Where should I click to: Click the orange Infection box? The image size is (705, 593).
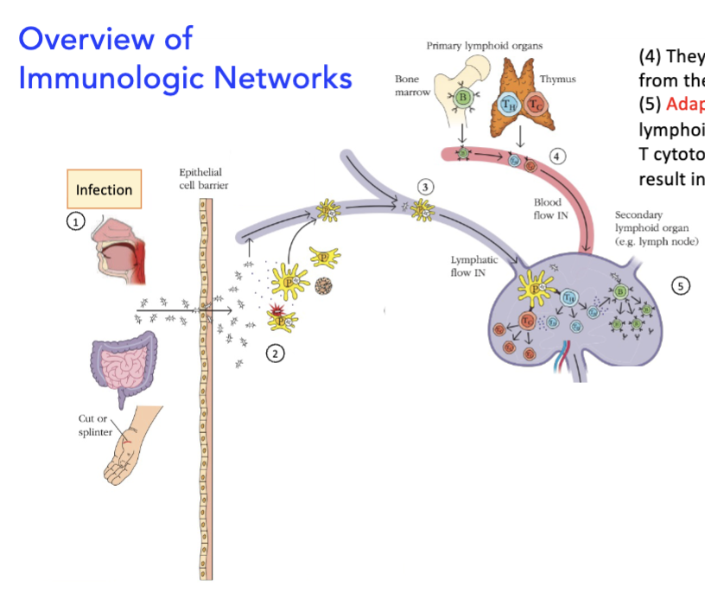point(104,189)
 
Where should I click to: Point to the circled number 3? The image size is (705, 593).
point(423,186)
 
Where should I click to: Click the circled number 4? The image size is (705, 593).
point(558,156)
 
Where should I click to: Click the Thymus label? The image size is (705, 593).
point(557,79)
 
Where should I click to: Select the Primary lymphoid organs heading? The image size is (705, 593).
point(485,45)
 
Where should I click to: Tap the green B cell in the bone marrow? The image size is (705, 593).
point(463,97)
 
